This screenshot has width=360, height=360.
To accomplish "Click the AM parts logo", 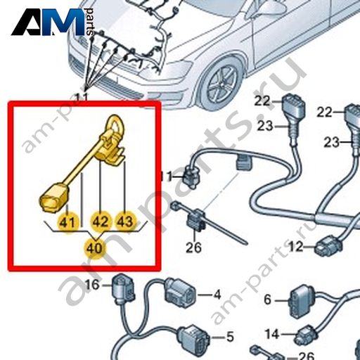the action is coord(53,22).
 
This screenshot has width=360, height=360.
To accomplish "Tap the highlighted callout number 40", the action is coord(94,248).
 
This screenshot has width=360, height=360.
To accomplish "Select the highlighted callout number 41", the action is coord(67,222).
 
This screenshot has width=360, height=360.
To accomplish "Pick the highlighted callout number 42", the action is coord(101,221).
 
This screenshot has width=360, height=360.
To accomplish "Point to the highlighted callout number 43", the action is coord(126,221).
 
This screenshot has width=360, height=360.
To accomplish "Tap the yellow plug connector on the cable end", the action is coord(54,198).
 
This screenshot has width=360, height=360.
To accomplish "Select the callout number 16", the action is coord(92,285).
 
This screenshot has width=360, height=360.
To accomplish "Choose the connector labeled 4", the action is coord(180,294).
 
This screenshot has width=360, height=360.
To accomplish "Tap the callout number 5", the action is coord(230,337).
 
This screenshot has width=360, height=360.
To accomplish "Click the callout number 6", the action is coord(267,300).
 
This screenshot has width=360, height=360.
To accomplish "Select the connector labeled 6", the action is coord(302,301).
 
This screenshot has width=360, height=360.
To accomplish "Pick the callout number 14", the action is coord(272,334).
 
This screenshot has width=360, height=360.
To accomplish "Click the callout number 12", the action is coord(296,246).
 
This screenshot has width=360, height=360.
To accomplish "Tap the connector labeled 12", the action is coord(328,245).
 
